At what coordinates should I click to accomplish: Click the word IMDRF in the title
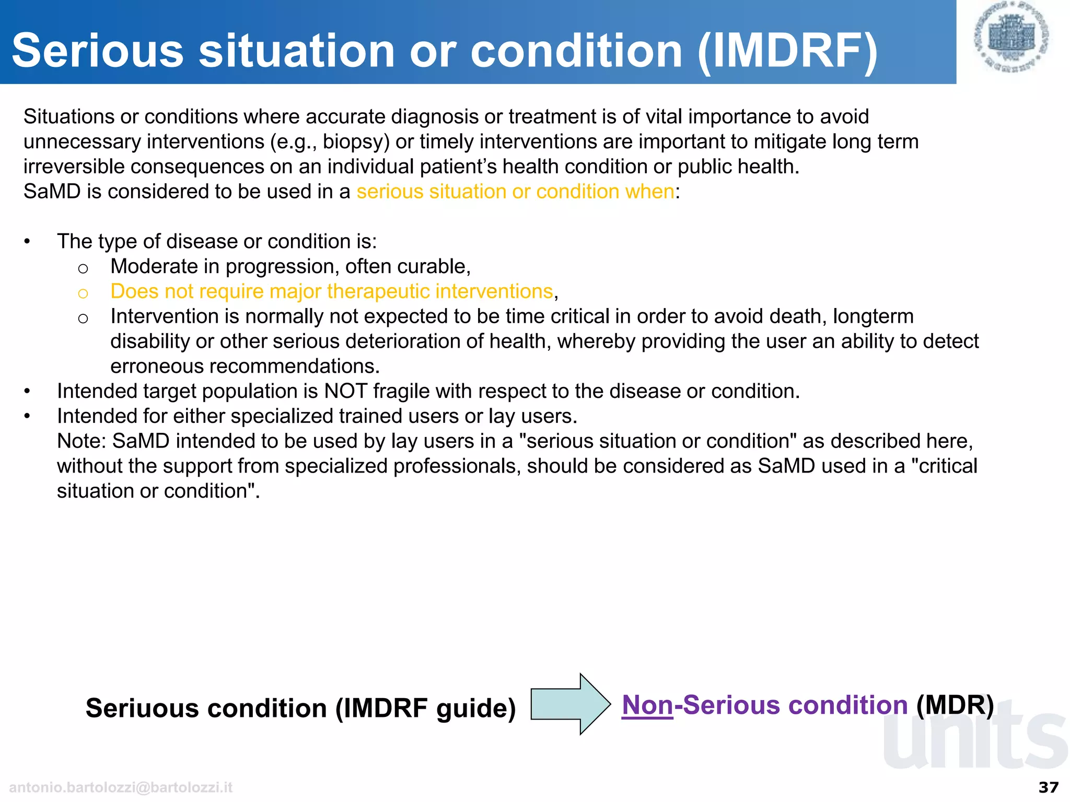tap(788, 51)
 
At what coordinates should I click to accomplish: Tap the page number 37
tap(1049, 787)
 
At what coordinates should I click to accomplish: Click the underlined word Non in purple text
tap(647, 705)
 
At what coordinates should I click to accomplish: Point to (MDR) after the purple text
tap(955, 705)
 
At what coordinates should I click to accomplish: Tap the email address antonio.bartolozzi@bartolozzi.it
tap(121, 787)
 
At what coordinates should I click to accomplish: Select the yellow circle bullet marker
tap(83, 293)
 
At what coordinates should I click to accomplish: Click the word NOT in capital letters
tap(345, 391)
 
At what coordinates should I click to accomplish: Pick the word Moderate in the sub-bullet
tap(154, 266)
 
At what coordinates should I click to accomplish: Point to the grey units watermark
tap(974, 739)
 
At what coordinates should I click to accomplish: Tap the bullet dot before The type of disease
tap(27, 242)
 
